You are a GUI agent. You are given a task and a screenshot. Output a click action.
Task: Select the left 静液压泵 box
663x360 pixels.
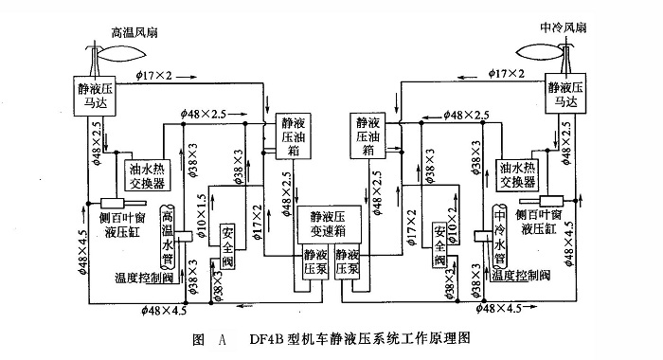click(x=314, y=262)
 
